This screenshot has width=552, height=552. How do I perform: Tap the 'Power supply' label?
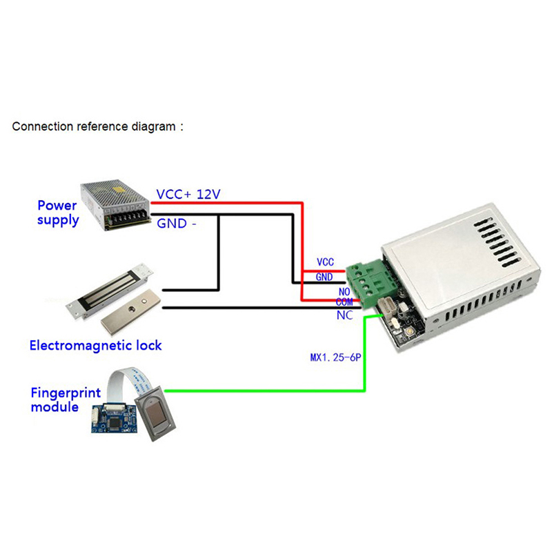click(x=58, y=213)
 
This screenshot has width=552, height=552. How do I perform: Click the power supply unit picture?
click(x=116, y=206)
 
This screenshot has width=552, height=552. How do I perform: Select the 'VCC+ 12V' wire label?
click(x=188, y=195)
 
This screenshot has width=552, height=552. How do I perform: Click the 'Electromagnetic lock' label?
click(x=95, y=344)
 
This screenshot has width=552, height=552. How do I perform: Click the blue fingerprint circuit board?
click(x=111, y=418)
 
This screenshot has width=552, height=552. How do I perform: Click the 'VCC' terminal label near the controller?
click(x=325, y=262)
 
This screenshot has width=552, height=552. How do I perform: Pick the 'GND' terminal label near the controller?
click(x=324, y=277)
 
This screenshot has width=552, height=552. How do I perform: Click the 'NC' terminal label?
click(x=344, y=315)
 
